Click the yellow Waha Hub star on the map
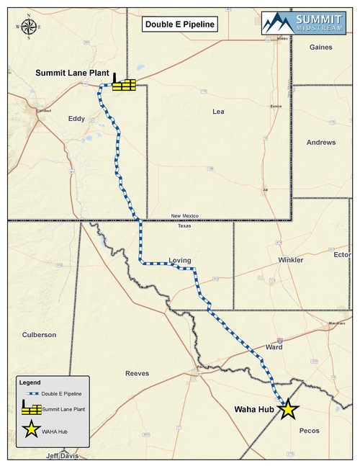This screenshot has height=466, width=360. pos(288,410)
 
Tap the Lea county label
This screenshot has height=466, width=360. pos(219,112)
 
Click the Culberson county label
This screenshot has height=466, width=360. pos(39,335)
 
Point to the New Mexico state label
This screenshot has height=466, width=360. pos(184,216)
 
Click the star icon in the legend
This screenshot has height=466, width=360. pos(30,431)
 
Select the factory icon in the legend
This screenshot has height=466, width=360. pos(30,409)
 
